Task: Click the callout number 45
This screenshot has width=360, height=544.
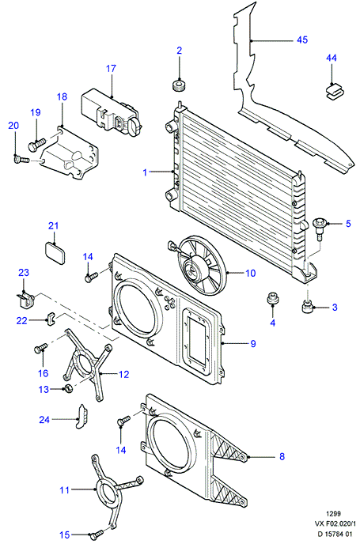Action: point(302,40)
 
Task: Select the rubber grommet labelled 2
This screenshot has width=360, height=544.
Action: point(179,85)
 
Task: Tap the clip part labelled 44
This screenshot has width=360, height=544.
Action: point(333,93)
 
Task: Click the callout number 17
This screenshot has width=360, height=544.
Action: point(111,68)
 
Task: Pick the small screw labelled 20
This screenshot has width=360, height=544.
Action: point(21,159)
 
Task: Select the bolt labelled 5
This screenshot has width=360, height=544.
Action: point(318,228)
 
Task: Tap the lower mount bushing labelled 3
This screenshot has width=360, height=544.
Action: point(307,307)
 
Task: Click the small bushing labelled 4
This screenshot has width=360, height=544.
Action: point(272,298)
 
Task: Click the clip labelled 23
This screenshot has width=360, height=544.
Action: point(25,299)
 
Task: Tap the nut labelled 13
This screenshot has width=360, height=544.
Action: point(68,388)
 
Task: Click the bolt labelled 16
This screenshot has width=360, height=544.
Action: point(40,348)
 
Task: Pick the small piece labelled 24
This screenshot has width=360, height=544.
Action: point(82,417)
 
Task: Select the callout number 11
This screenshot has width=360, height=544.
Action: point(65,490)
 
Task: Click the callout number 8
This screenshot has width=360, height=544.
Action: point(282,456)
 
